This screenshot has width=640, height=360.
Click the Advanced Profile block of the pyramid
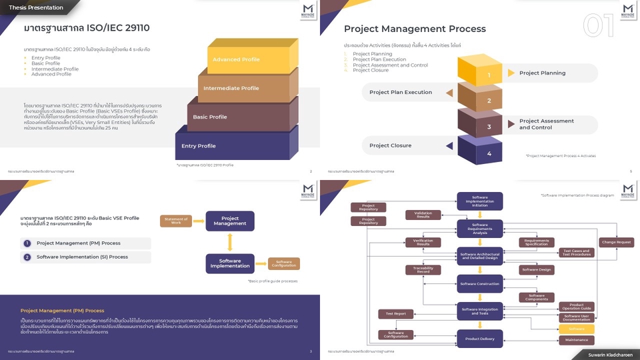click(x=237, y=60)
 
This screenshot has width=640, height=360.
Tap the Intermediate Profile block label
click(x=231, y=88)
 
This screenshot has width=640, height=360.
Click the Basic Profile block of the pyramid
click(x=210, y=117)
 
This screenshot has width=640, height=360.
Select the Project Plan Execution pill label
click(x=401, y=93)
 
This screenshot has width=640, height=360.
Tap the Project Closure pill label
click(x=391, y=145)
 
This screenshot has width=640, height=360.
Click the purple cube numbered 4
click(x=489, y=153)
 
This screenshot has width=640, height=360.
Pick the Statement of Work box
click(x=176, y=221)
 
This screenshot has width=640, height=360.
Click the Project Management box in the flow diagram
click(x=229, y=221)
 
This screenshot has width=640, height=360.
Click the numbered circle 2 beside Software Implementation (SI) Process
click(x=27, y=257)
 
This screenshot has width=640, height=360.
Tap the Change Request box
click(x=616, y=243)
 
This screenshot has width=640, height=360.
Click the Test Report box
click(x=396, y=313)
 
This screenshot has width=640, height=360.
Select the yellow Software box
click(x=577, y=329)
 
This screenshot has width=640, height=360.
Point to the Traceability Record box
click(x=423, y=270)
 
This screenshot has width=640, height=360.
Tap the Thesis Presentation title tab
click(x=36, y=7)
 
